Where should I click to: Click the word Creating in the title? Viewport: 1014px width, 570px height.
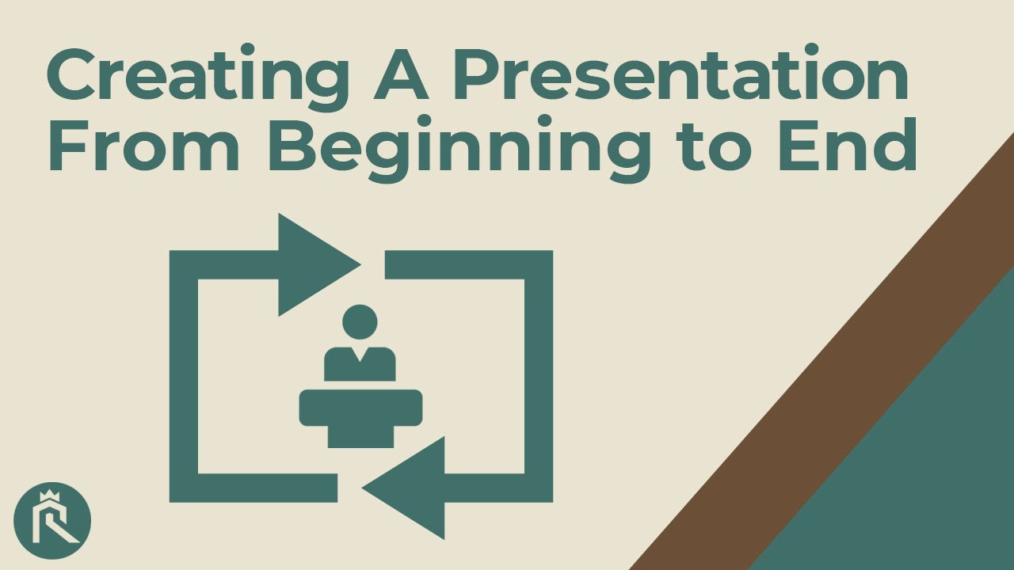[x=194, y=75]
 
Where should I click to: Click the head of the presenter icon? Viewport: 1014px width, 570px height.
[x=360, y=324]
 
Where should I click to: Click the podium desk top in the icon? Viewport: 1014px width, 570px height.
[x=360, y=405]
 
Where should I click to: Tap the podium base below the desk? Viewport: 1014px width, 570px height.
[x=360, y=435]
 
